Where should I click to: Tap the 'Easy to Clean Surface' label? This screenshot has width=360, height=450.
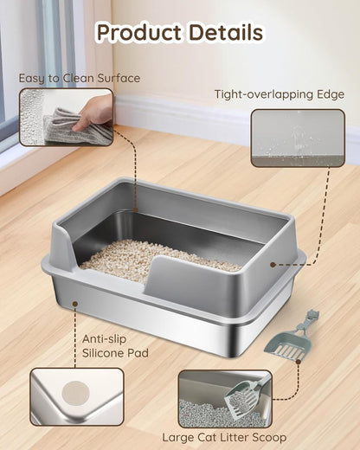pos(80,79)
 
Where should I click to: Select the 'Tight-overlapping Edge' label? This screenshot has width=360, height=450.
pos(280,95)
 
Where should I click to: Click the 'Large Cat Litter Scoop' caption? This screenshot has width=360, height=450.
pos(224,438)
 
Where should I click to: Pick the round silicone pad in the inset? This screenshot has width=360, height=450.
pos(78,395)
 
